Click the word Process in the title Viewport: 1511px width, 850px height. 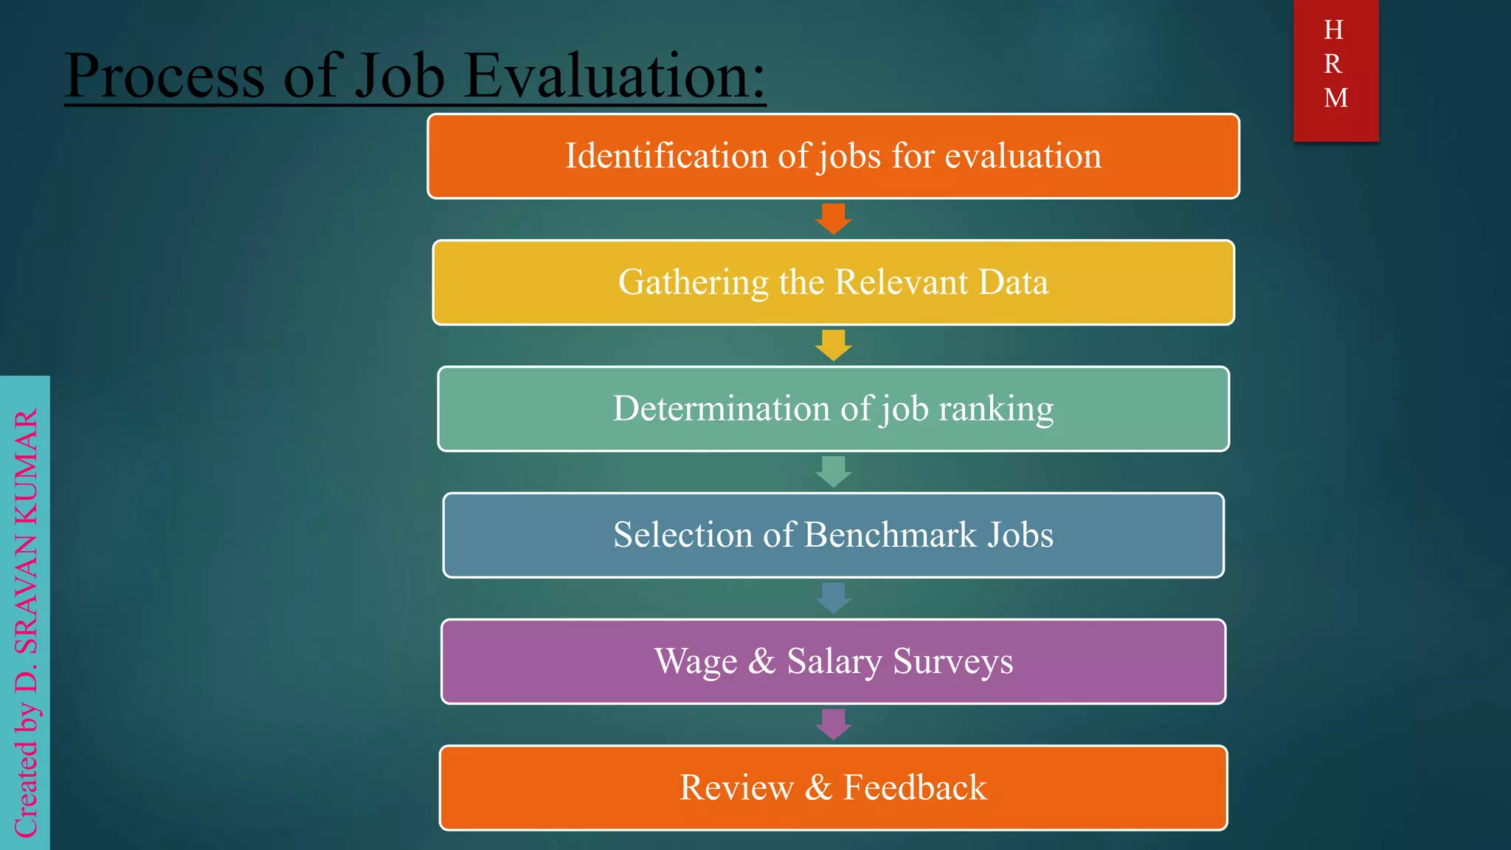[x=165, y=76]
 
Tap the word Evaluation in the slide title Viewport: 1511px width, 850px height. [x=615, y=76]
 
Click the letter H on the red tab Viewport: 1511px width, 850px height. [x=1334, y=30]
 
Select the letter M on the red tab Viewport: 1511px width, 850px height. [x=1335, y=98]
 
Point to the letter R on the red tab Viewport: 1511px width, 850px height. [x=1333, y=64]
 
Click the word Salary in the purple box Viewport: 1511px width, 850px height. [x=834, y=662]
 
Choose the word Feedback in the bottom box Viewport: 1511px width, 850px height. [x=915, y=787]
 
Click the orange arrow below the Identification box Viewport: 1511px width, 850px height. [x=834, y=218]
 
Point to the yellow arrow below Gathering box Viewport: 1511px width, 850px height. [x=834, y=345]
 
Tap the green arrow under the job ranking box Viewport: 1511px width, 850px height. [x=834, y=471]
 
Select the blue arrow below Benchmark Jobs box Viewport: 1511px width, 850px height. [x=834, y=598]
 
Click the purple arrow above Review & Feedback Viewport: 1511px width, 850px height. [x=834, y=724]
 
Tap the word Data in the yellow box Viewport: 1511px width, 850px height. [x=1014, y=283]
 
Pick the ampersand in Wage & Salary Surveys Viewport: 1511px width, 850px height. [x=761, y=661]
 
